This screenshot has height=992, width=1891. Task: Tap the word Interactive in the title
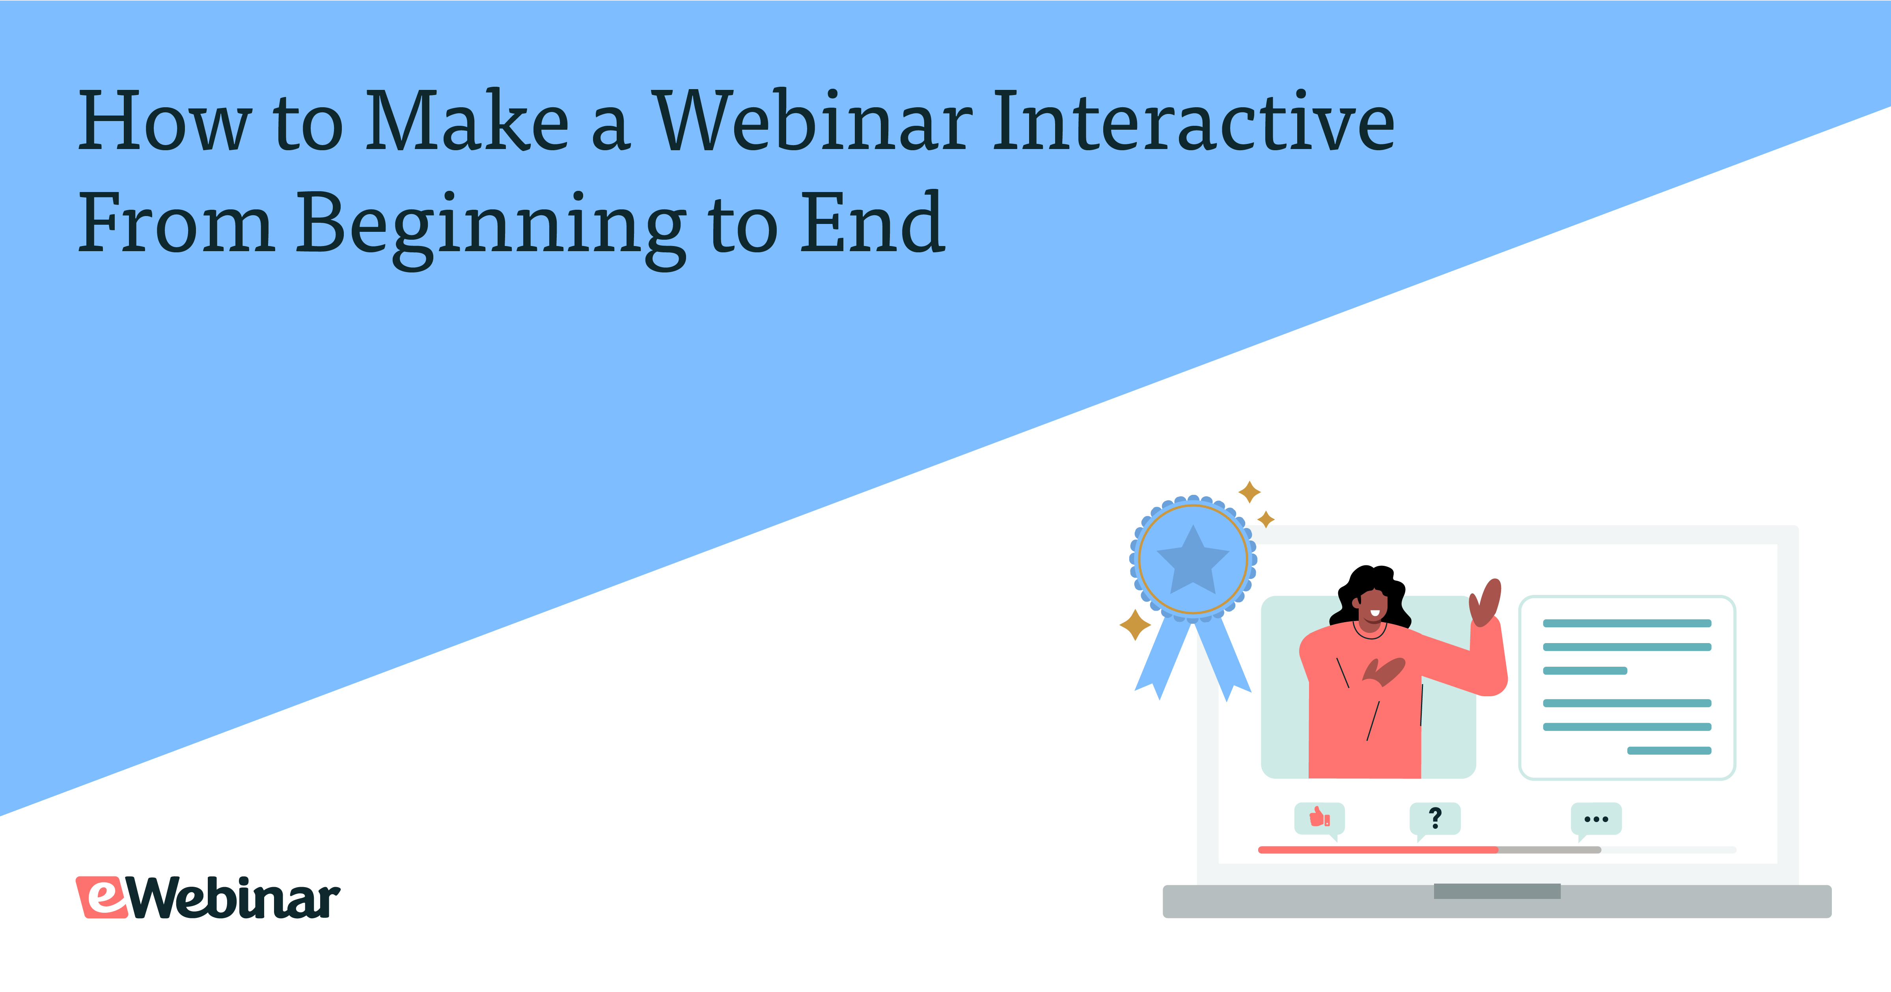1194,121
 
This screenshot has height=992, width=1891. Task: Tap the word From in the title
176,222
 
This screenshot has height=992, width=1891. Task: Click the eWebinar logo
208,897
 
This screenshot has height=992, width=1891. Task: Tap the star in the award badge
1193,560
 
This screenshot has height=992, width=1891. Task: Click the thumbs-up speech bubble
1319,819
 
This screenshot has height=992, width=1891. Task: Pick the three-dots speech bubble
1596,819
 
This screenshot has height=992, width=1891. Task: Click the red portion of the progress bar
1378,850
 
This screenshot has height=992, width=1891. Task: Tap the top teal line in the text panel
1627,623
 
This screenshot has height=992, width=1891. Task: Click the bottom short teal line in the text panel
1669,750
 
